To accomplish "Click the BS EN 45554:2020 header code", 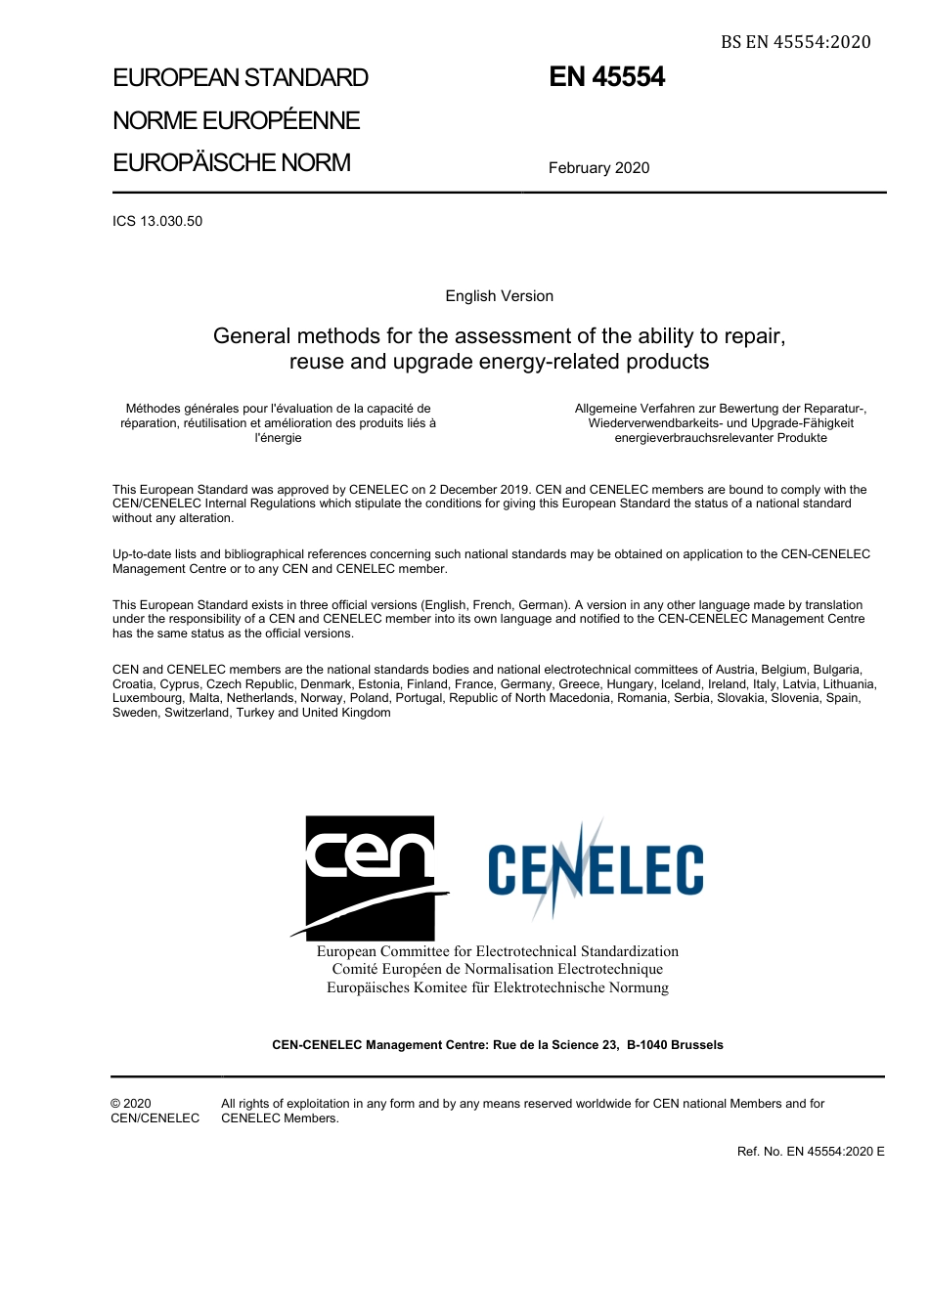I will tap(795, 42).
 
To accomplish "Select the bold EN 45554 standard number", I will tap(606, 77).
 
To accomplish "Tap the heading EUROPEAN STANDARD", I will tap(241, 78).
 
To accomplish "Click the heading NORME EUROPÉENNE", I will tap(236, 120).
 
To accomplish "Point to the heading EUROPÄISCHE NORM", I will tap(231, 163).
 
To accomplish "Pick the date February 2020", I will tap(598, 168).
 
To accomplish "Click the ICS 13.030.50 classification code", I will tap(157, 221).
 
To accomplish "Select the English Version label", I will tap(499, 296).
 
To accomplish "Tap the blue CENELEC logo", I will tap(595, 869).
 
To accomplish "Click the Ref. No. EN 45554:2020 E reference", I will tap(810, 1152).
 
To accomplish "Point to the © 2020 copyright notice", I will tap(131, 1104).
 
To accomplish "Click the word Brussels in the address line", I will tap(697, 1045).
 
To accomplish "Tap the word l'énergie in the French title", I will tap(278, 438).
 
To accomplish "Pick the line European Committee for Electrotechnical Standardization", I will tap(497, 951).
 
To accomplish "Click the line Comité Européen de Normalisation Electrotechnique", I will tap(497, 969).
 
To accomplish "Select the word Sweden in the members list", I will tap(135, 713).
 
